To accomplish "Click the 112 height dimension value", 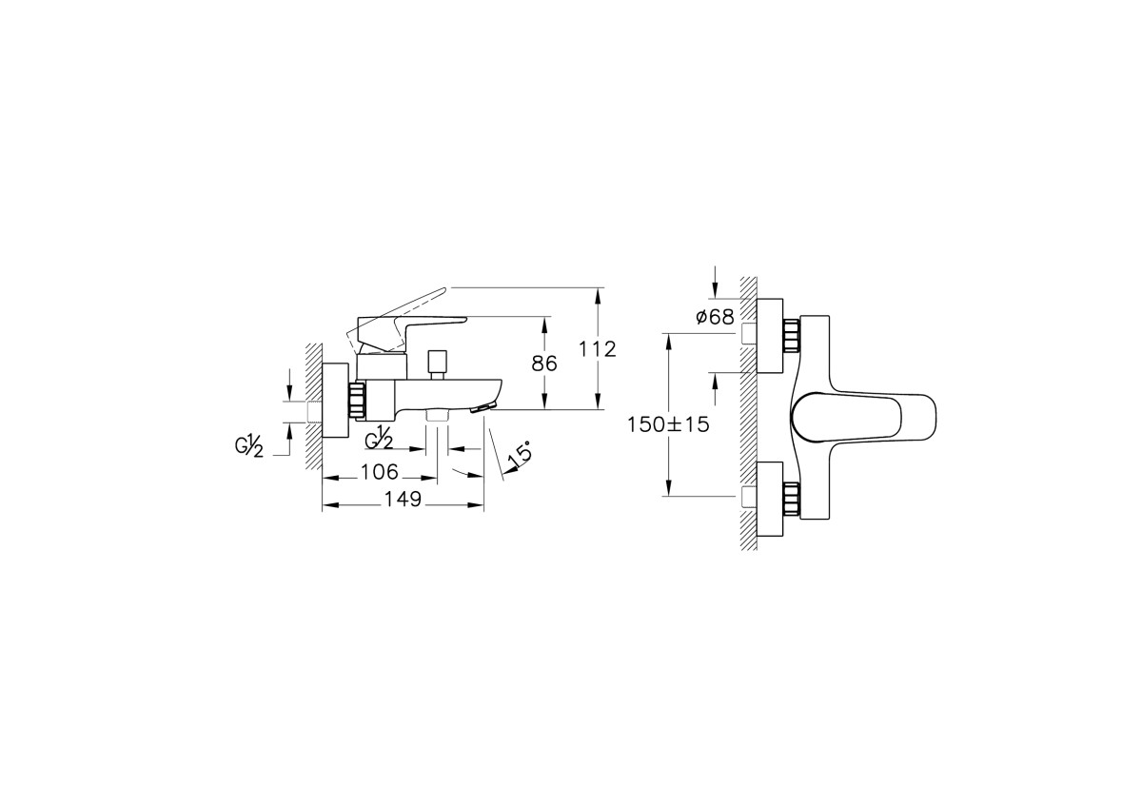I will (x=597, y=349).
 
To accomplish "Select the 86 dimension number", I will (x=543, y=363).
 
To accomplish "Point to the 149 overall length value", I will (x=403, y=501).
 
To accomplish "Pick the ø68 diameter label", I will (x=714, y=317).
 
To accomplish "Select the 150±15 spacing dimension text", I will (x=668, y=425).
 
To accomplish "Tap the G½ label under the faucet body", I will (x=380, y=438).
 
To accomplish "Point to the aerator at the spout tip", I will (x=484, y=406).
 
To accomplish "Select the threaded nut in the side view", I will (x=358, y=400).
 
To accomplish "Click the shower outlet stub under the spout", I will (x=438, y=417).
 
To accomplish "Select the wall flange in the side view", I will (x=336, y=401).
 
